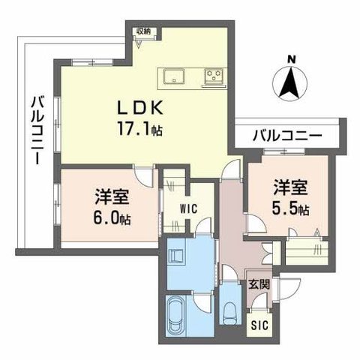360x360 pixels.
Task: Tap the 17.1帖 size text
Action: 138,129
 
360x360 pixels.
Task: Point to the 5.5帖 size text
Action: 291,209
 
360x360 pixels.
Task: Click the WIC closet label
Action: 188,209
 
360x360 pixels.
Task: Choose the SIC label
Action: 259,325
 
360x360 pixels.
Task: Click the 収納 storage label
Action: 142,31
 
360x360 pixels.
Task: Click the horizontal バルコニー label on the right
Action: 286,136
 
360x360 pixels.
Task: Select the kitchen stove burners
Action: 214,75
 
